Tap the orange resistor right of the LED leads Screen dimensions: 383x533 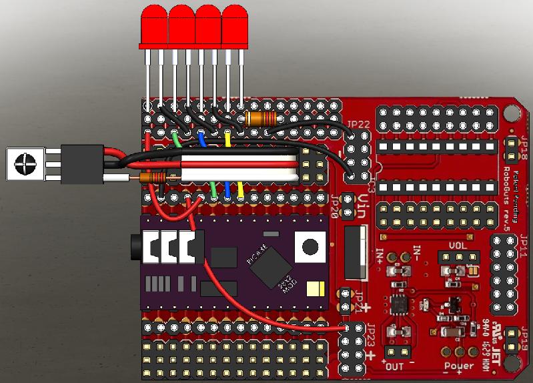[x=261, y=119]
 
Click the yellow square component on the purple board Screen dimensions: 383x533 [x=314, y=289]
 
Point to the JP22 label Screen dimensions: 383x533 [x=358, y=124]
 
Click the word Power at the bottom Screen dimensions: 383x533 [x=459, y=366]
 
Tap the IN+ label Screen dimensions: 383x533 [x=380, y=256]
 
